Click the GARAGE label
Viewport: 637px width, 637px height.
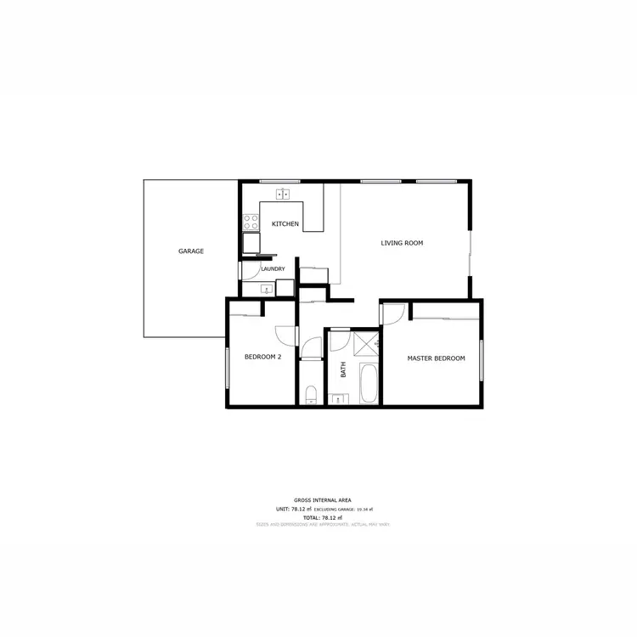[190, 251]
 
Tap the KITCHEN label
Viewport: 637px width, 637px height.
[285, 224]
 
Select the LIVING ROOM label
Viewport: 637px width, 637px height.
[401, 244]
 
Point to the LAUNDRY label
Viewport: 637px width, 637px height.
[273, 269]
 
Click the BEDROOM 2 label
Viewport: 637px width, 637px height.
[262, 357]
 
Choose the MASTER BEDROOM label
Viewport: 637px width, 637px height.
[436, 358]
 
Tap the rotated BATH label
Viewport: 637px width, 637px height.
[344, 370]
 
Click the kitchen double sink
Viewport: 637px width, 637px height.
[285, 194]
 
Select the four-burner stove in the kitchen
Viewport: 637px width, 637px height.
[251, 222]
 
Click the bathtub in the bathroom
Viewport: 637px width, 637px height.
[368, 385]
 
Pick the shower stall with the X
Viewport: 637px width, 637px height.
[366, 344]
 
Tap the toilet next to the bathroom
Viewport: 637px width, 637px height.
[311, 394]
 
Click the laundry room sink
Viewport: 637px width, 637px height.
[266, 288]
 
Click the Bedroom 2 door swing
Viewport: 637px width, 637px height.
[285, 336]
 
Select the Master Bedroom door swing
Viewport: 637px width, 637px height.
[392, 314]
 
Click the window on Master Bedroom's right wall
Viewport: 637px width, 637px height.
[481, 359]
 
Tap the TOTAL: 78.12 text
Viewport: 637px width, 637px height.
[323, 517]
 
